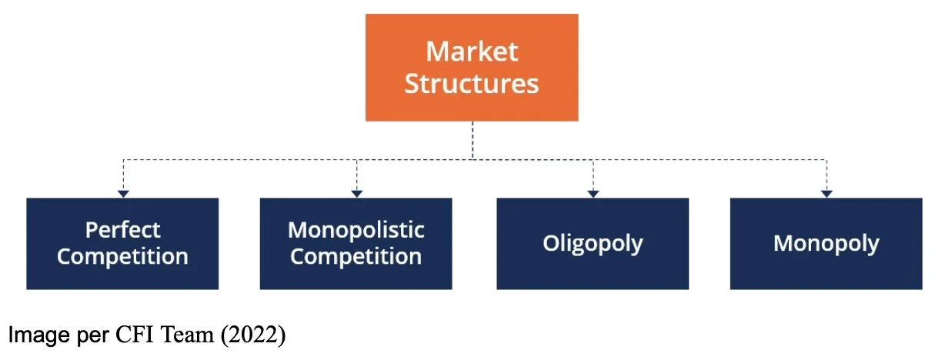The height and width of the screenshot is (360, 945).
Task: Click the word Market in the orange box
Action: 472,52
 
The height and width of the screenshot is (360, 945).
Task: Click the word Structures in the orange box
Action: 472,83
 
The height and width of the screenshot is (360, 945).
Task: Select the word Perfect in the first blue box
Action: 122,230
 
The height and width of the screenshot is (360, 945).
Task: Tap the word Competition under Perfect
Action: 122,256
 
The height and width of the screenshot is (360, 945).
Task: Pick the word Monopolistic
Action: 356,230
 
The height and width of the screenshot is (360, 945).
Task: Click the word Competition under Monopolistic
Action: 356,256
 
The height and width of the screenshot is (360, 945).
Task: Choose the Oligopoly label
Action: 593,244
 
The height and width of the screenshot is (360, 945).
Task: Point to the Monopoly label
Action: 826,244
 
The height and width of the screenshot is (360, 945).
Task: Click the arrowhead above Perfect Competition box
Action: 123,193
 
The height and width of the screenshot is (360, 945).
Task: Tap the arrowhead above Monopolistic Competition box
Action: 356,193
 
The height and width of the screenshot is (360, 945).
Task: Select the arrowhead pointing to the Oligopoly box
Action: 593,193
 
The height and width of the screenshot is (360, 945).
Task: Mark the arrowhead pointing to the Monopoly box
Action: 826,193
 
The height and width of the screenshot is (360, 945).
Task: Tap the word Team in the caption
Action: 170,335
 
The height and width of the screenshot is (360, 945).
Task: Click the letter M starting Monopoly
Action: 783,244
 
